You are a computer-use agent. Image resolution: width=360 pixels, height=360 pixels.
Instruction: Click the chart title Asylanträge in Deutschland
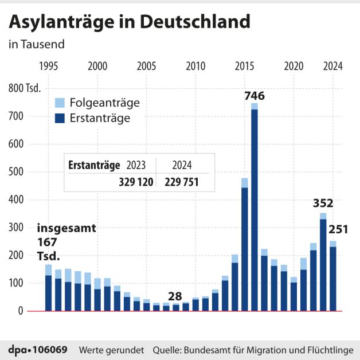pos(129,22)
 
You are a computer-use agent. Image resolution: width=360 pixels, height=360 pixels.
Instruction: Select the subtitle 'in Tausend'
pos(37,44)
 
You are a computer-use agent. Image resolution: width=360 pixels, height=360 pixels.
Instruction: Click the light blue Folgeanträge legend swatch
pos(60,103)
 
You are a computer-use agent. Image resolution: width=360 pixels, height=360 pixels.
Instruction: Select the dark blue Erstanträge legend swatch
pos(60,118)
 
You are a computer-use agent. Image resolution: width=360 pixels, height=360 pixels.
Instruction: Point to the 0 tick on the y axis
pos(36,311)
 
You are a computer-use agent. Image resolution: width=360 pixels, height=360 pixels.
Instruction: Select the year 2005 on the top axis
pos(146,66)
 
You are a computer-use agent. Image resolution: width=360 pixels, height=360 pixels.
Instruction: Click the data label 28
pos(175,296)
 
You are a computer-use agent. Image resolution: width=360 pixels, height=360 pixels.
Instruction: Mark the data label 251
pos(339,229)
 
